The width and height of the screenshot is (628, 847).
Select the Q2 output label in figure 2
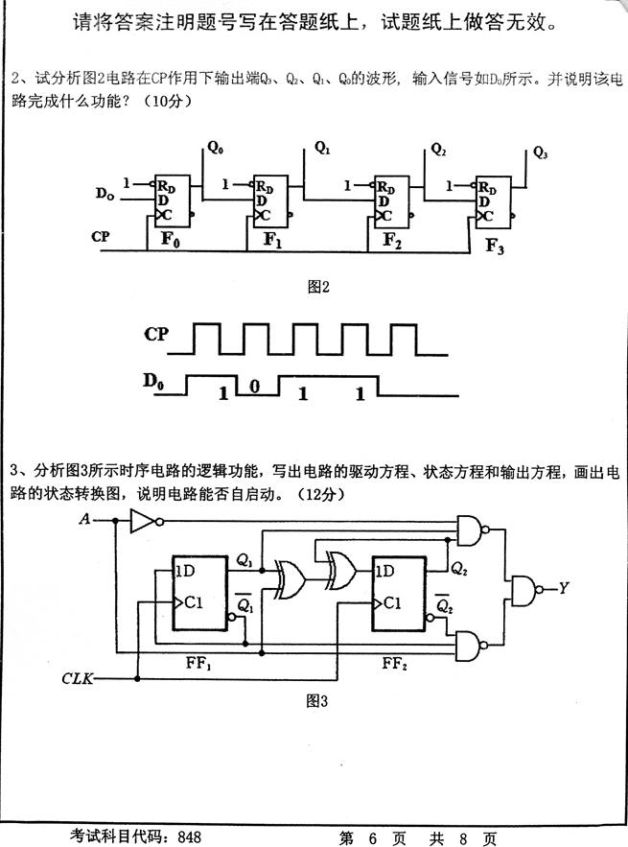point(439,150)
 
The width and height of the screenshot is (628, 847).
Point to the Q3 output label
point(541,153)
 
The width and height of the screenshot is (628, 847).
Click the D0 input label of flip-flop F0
point(105,195)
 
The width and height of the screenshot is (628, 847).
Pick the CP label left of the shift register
point(101,236)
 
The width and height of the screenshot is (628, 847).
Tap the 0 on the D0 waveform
point(254,387)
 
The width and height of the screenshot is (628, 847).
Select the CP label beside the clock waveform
point(157,335)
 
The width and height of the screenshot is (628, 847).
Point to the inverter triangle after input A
point(142,521)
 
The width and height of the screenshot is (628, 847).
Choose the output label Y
point(564,588)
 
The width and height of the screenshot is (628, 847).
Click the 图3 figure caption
point(316,701)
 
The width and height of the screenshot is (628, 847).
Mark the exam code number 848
point(189,836)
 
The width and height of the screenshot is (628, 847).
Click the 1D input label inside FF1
point(186,571)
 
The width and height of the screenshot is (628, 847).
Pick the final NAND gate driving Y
point(524,589)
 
